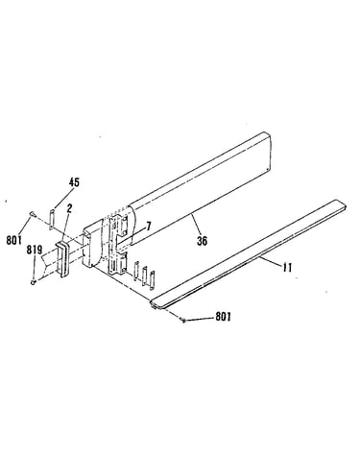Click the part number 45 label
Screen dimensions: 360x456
74,182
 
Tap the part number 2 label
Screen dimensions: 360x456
69,208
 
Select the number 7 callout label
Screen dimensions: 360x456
148,227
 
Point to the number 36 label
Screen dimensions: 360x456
202,241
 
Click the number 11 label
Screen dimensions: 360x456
287,267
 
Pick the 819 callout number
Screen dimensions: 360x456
34,250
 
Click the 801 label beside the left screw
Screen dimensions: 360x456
13,240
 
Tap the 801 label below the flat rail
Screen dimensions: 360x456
223,317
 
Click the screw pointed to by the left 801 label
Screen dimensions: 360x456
33,213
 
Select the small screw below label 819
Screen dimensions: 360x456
33,281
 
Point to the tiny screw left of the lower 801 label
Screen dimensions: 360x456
183,320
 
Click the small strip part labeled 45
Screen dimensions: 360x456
51,219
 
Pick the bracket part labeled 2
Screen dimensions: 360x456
63,258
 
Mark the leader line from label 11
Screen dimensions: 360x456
271,260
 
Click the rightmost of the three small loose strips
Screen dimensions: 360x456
152,280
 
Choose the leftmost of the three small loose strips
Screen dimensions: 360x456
136,271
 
